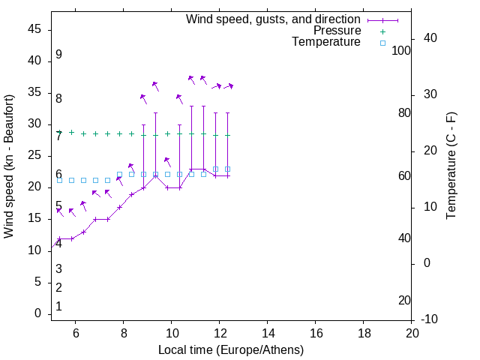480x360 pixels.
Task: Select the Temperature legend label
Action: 326,42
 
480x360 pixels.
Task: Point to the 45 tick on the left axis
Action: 34,29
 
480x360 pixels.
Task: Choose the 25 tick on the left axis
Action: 34,156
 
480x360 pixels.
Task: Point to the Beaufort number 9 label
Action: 58,55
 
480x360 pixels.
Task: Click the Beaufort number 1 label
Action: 58,307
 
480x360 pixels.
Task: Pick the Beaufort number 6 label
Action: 58,175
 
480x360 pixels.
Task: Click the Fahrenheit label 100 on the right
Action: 401,50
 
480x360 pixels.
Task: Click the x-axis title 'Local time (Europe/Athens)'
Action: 231,349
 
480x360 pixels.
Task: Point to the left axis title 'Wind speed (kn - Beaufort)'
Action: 9,166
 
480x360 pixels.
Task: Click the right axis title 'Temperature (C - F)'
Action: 451,166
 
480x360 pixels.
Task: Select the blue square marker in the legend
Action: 382,43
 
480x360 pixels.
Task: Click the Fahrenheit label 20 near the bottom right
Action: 404,301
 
